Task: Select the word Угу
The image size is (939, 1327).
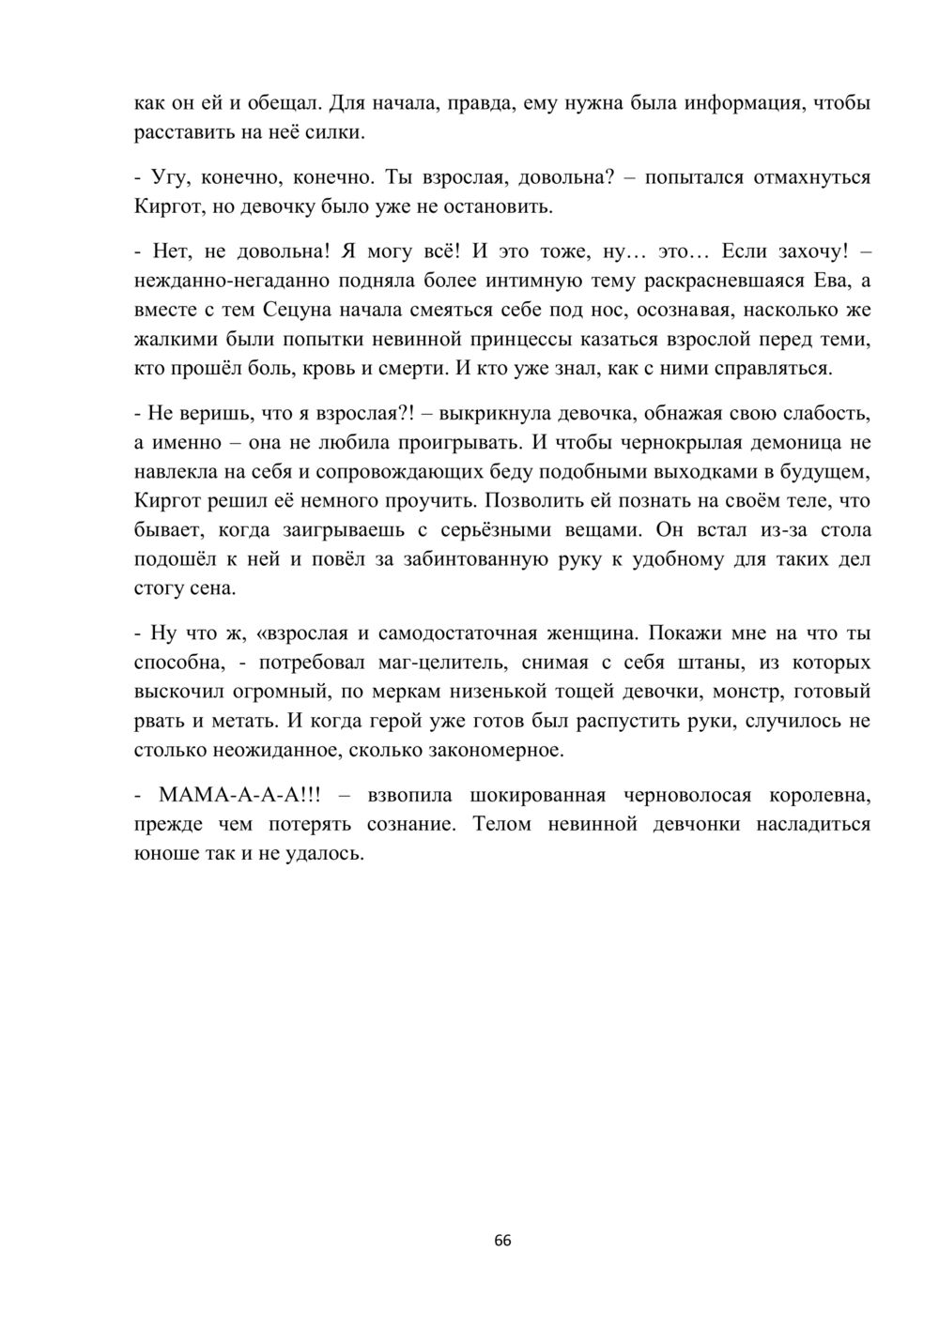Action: [169, 176]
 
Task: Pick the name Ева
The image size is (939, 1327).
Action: [829, 280]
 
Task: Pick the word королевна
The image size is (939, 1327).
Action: [820, 795]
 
